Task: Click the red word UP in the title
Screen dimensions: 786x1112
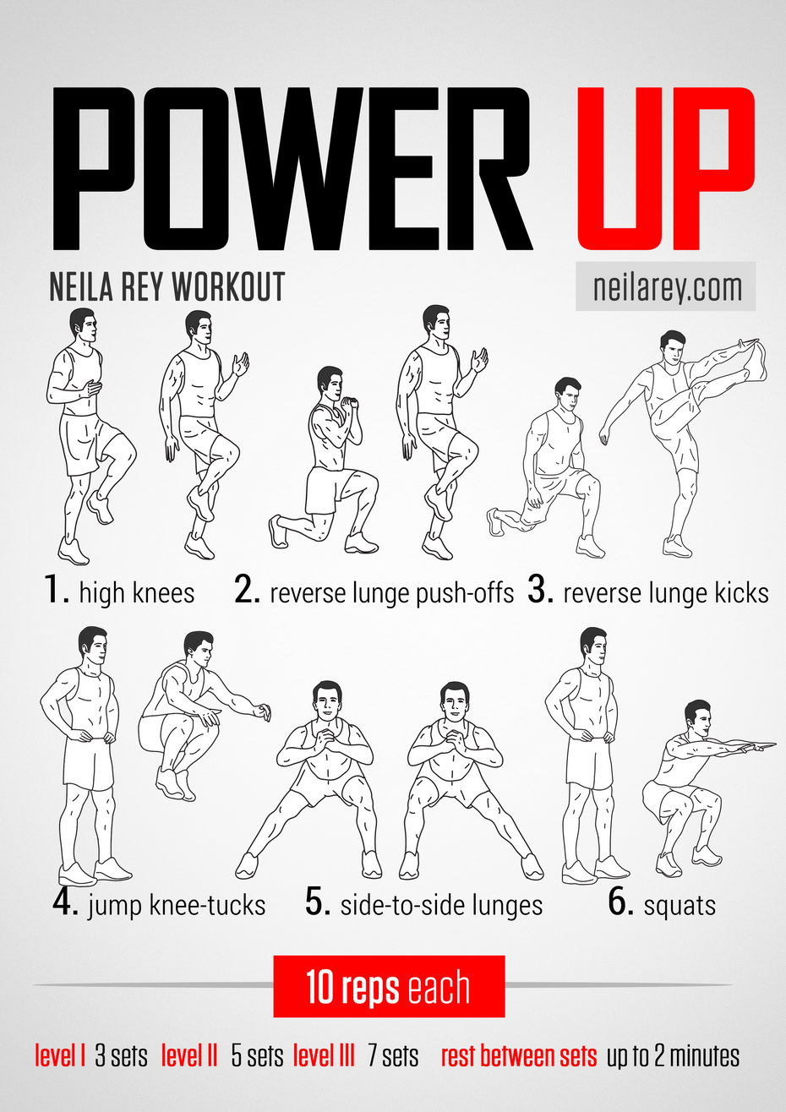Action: [x=665, y=169]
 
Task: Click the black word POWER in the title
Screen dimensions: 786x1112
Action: [x=292, y=169]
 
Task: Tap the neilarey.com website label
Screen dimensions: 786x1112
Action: [x=666, y=287]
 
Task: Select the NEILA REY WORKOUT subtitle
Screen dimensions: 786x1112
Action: [x=166, y=286]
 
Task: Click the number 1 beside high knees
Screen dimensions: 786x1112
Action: [x=55, y=589]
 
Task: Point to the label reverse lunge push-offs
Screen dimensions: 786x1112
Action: [x=392, y=593]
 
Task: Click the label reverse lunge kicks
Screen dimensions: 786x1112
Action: [x=666, y=593]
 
